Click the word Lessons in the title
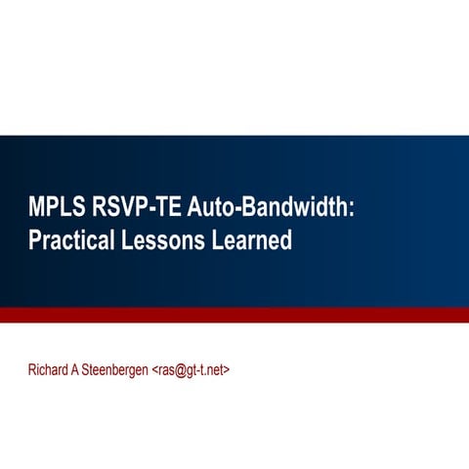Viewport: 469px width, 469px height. [163, 239]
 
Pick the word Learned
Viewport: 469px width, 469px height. [252, 239]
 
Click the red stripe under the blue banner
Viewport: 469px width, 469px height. [234, 315]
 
